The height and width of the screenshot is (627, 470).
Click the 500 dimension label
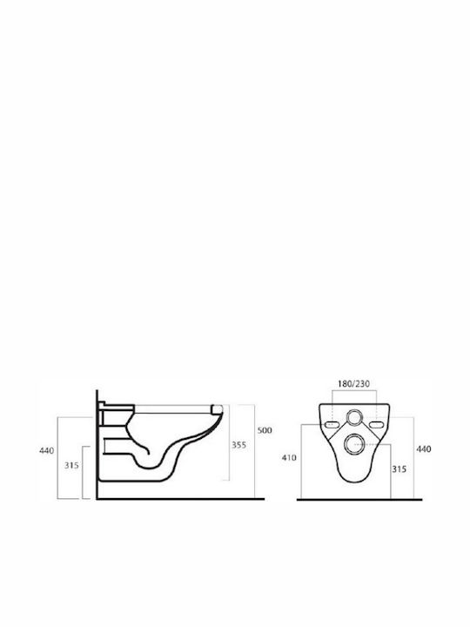point(265,430)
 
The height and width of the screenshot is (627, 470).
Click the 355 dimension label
point(239,445)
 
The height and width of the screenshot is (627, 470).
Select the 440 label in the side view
point(46,451)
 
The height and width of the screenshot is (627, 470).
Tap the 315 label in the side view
point(71,465)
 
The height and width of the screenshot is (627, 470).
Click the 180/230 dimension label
point(353,383)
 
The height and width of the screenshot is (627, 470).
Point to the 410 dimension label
point(289,457)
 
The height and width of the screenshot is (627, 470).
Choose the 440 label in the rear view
point(424,449)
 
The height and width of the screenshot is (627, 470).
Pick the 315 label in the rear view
point(399,469)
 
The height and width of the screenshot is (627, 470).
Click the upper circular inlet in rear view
point(354,417)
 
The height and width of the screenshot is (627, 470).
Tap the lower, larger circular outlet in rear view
point(354,444)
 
